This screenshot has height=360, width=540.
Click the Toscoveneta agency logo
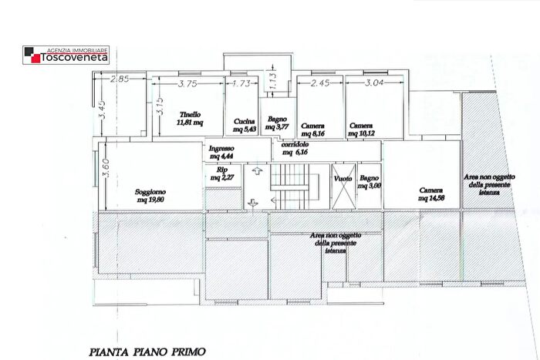pyautogui.click(x=66, y=55)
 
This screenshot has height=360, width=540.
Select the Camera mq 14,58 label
pyautogui.click(x=431, y=194)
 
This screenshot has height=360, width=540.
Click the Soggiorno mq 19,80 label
pyautogui.click(x=150, y=196)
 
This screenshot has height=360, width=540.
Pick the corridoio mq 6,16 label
pyautogui.click(x=295, y=149)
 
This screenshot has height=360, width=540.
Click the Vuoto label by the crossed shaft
pyautogui.click(x=344, y=179)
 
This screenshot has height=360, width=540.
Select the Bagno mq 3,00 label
pyautogui.click(x=370, y=181)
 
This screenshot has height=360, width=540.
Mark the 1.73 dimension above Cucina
pyautogui.click(x=241, y=83)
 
